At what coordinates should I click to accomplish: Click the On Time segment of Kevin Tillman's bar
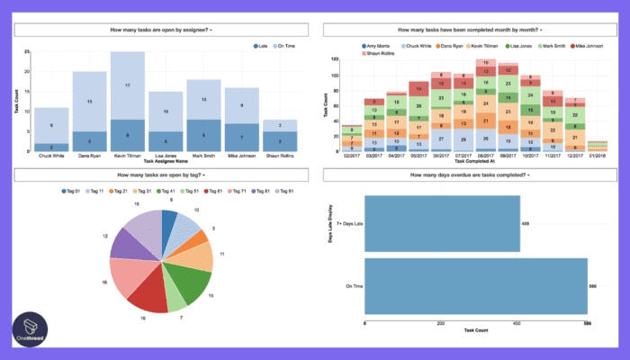coord(127,85)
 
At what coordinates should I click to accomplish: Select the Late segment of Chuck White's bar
coord(50,147)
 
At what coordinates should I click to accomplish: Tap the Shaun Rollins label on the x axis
coord(280,157)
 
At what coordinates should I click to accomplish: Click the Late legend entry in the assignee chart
coord(261,45)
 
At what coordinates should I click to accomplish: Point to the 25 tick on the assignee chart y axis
coord(27,51)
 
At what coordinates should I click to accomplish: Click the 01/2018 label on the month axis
coord(597,156)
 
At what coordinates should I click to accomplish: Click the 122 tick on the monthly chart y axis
coord(334,59)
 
